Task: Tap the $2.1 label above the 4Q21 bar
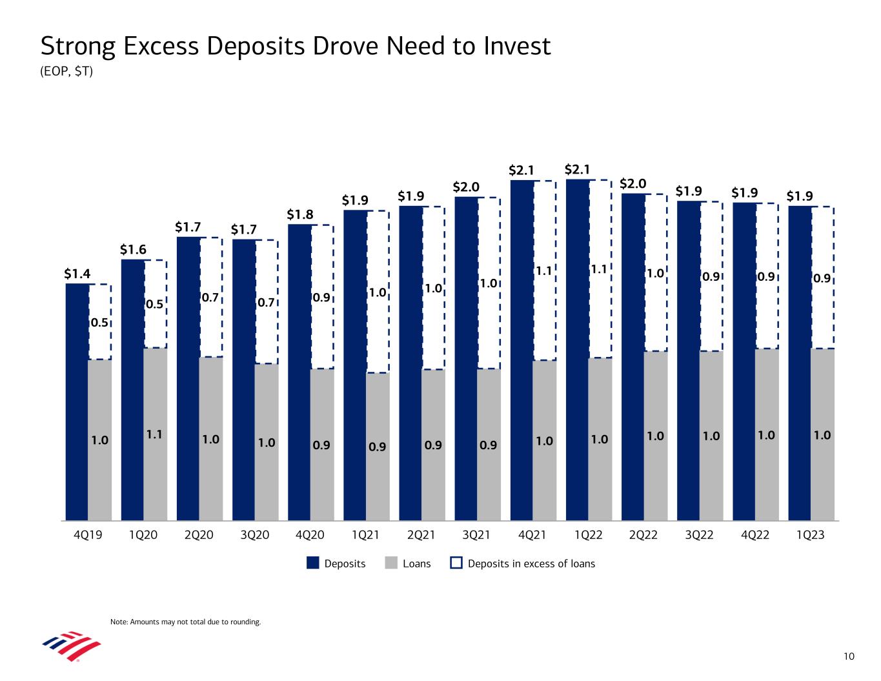click(x=522, y=170)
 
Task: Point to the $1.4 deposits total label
click(x=77, y=274)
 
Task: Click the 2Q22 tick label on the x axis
click(x=644, y=535)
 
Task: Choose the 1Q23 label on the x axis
click(x=811, y=535)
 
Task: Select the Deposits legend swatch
click(x=313, y=564)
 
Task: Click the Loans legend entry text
click(x=416, y=564)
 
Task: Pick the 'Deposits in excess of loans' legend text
click(x=531, y=564)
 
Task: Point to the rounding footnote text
click(x=185, y=622)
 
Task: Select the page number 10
click(x=849, y=656)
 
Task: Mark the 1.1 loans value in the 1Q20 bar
click(x=154, y=436)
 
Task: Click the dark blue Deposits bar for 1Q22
click(x=577, y=349)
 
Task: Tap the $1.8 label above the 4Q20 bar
click(x=299, y=214)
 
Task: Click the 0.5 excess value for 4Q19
click(x=98, y=323)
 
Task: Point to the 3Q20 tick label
click(x=254, y=535)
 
